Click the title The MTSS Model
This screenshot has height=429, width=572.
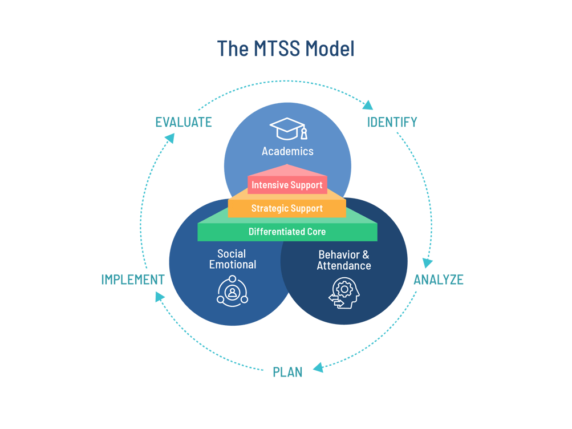coord(286,49)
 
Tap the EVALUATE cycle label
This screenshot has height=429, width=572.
coord(184,122)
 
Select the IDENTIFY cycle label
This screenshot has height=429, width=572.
coord(392,122)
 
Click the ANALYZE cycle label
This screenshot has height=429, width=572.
coord(438,280)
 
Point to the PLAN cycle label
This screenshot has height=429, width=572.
coord(287,372)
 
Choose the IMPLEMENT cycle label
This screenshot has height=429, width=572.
coord(132,280)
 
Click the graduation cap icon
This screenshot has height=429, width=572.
coord(288,129)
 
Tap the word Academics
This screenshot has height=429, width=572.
coord(287,151)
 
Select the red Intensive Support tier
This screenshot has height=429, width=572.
coord(287,185)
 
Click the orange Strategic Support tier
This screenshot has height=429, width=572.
coord(287,208)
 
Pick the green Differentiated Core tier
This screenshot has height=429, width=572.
coord(287,232)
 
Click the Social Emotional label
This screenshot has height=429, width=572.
coord(232,259)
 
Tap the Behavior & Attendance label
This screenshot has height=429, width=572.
coord(343,260)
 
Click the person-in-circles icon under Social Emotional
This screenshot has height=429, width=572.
coord(232,292)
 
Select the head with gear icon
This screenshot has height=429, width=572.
coord(344,293)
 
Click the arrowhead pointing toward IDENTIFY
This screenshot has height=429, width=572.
coord(368,105)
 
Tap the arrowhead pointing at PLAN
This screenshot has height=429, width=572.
coord(318,367)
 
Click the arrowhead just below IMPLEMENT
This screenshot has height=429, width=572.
coord(159,296)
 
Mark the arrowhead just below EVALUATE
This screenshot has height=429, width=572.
coord(169,138)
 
